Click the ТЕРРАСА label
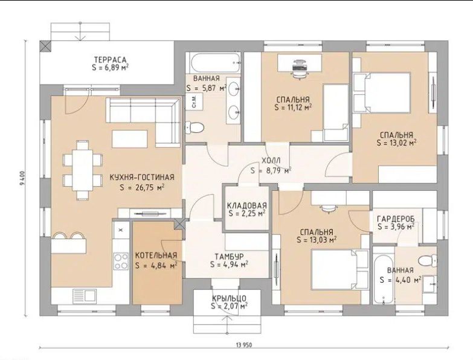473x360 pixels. point(110,59)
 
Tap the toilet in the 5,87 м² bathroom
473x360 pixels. point(194,127)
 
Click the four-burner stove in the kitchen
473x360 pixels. point(121,261)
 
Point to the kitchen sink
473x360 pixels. point(85,295)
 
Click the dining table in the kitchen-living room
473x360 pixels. point(83,170)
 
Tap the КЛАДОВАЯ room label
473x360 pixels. point(246,205)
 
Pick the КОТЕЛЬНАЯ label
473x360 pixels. point(156,256)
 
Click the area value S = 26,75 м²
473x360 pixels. point(142,187)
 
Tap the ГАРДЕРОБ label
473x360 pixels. point(396,219)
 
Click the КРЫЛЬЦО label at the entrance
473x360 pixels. point(229,298)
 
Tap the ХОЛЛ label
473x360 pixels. point(271,160)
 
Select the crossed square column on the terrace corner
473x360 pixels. point(46,47)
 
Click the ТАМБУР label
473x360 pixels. point(229,257)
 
